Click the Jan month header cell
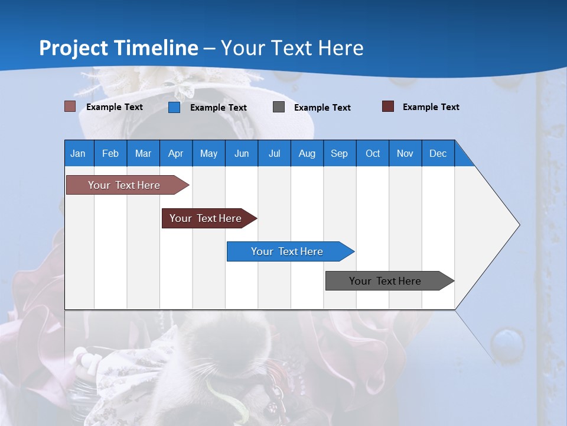79,153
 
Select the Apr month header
176,153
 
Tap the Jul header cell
275,153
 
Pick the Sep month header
340,153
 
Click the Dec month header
438,153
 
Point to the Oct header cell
373,153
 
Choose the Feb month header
110,153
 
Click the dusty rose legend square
70,106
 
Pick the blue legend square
174,107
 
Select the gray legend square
279,107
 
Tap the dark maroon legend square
388,106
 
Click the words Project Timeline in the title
118,48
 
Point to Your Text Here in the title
292,48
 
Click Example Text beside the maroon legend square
431,107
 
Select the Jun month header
242,153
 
